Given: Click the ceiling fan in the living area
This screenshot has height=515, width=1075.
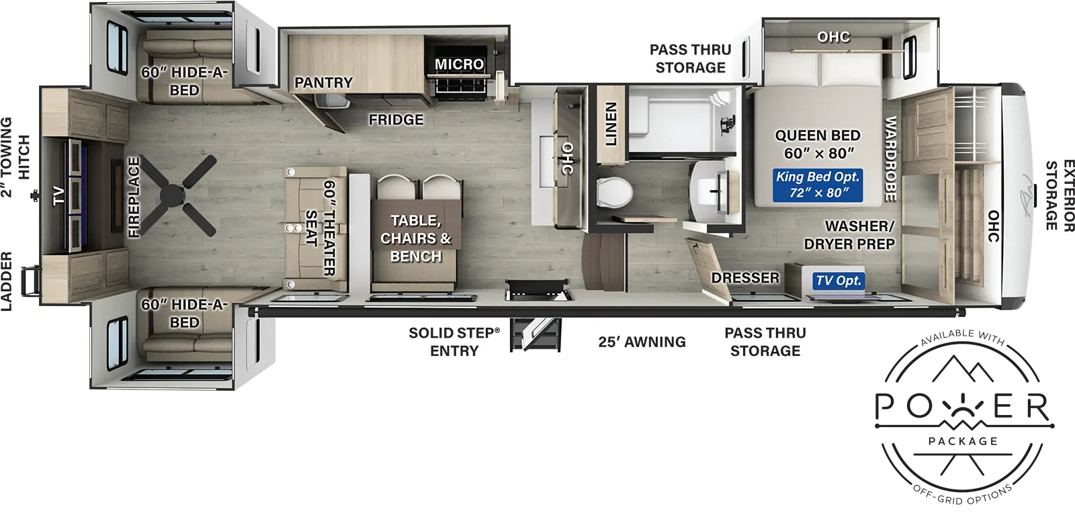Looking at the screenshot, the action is click(177, 195).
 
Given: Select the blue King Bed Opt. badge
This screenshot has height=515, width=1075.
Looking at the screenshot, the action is click(818, 185).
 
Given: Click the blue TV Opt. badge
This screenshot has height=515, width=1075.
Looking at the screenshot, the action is click(838, 281).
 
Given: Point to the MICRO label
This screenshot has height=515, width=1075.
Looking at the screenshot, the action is click(460, 64).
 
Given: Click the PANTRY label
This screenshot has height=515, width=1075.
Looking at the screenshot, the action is click(323, 83).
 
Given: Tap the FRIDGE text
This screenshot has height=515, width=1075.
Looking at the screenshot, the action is click(396, 120).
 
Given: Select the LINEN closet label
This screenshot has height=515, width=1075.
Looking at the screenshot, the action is click(611, 124).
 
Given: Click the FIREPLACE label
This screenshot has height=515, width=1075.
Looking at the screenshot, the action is click(134, 197).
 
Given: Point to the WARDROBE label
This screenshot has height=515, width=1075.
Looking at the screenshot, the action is click(890, 158).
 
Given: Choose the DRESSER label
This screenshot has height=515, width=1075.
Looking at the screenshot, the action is click(745, 277).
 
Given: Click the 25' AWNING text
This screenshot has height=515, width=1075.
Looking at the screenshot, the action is click(642, 342).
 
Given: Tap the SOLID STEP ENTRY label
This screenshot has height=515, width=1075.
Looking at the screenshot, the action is click(454, 342).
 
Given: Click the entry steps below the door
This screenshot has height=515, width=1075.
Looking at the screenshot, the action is click(535, 334).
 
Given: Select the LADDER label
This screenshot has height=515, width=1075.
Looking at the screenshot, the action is click(6, 281).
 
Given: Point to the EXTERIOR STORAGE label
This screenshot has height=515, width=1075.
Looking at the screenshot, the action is click(1060, 195).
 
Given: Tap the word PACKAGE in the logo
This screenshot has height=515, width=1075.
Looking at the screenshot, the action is click(963, 441).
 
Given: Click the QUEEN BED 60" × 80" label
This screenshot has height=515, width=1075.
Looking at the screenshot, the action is click(818, 144).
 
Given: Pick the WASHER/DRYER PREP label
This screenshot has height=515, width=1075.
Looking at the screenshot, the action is click(849, 235).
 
